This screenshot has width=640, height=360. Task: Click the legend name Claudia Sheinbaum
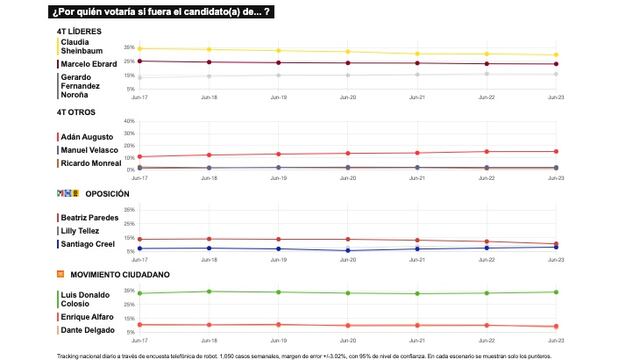83,48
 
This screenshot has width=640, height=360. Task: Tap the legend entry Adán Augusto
85,135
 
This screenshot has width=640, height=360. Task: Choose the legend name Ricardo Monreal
90,162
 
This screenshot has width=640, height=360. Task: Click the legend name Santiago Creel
88,243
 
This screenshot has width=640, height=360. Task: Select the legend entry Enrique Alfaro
87,317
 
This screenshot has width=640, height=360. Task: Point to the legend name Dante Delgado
87,330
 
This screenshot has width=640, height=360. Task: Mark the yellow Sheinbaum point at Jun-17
139,48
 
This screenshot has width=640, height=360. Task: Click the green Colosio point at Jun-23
556,292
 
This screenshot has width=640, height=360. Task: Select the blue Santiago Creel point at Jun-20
348,250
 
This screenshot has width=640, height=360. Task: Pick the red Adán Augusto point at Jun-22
487,152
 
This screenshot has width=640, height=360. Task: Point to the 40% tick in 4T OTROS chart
129,121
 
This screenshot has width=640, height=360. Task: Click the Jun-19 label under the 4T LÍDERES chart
278,97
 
